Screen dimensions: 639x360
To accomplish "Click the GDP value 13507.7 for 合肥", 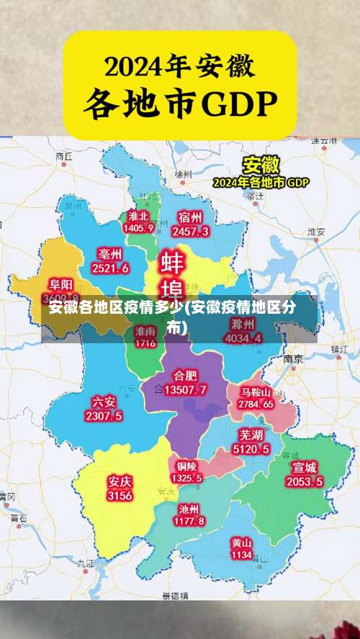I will coord(185,389).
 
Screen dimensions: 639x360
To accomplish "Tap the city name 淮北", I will coord(138,216).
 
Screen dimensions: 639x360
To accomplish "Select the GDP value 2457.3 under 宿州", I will coord(190,231).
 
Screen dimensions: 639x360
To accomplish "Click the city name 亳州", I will coord(110,254).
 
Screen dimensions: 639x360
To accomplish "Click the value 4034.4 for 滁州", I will coord(243,337).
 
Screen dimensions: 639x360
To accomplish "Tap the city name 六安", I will coord(104,401).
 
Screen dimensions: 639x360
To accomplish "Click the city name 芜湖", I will coord(251,435).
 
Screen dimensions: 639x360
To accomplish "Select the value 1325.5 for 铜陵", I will coord(186,478).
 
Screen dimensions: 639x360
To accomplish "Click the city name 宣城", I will coord(305,467).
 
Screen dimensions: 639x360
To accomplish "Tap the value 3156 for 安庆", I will coord(120,496).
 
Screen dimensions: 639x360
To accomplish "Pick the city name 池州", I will coord(191,508).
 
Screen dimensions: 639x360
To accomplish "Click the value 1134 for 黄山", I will coord(241,555).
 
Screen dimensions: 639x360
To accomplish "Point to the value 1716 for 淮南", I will coord(145,343).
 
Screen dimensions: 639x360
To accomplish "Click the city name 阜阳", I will coord(60,285).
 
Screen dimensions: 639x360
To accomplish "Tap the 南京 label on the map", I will coord(292,358).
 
